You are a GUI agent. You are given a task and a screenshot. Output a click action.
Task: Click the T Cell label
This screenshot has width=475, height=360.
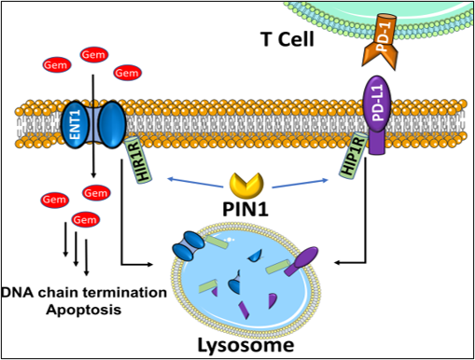(287, 39)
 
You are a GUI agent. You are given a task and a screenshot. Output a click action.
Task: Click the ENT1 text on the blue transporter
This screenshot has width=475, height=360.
(76, 124)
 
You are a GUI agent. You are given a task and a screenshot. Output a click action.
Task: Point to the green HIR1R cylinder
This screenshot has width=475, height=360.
(139, 160)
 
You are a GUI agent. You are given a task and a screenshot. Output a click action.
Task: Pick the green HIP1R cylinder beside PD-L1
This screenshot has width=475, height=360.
(353, 157)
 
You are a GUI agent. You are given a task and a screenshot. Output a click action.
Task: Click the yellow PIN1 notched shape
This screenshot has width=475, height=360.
(246, 186)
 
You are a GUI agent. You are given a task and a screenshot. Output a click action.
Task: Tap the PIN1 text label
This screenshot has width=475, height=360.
(245, 209)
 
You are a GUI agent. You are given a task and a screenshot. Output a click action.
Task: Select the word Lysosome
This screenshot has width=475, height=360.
(246, 345)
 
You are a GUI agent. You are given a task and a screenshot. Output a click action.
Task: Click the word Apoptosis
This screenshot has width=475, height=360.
(84, 310)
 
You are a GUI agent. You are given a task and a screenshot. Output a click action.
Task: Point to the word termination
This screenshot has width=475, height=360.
(126, 293)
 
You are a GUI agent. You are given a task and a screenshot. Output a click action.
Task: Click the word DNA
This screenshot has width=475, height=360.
(17, 293)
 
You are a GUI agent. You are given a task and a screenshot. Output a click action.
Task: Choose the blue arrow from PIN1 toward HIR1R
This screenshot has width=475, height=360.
(195, 183)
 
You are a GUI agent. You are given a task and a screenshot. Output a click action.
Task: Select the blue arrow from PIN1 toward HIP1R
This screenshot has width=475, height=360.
(300, 184)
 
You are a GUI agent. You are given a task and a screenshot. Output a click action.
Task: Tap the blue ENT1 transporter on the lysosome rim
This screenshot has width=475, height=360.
(189, 245)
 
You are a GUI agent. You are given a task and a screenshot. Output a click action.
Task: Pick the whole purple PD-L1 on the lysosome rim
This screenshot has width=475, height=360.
(301, 261)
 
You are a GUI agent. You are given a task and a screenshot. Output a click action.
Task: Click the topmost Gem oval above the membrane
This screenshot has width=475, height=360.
(94, 55)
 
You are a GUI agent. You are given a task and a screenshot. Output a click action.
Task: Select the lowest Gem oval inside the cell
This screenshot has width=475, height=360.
(85, 220)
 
